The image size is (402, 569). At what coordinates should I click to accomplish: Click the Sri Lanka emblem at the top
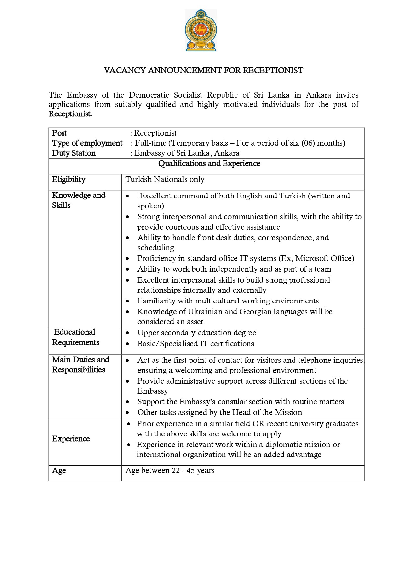[x=201, y=30]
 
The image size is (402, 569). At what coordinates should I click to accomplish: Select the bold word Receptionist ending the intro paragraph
[x=70, y=114]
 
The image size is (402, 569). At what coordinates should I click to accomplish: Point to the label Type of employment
[x=87, y=143]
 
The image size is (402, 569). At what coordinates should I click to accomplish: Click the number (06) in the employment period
[x=308, y=143]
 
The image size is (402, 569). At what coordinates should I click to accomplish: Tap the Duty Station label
[x=74, y=153]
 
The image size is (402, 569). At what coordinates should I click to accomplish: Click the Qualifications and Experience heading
[x=209, y=163]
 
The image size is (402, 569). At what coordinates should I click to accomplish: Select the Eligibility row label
[x=69, y=179]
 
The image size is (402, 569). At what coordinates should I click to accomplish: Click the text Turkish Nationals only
[x=165, y=179]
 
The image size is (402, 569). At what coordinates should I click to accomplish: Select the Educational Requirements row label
[x=75, y=337]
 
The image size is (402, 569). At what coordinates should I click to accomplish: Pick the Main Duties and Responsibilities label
[x=81, y=364]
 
